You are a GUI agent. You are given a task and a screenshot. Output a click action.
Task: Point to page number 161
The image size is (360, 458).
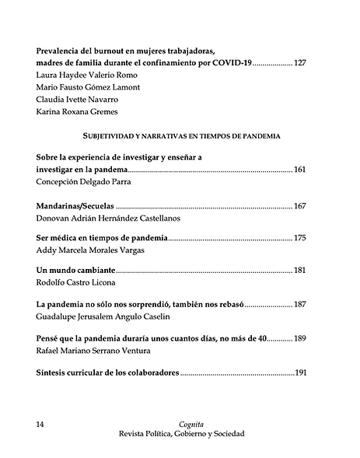(300, 169)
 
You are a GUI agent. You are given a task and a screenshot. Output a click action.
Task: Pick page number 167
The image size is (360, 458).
(300, 206)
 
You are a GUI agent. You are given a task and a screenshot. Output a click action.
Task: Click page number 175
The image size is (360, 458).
(300, 238)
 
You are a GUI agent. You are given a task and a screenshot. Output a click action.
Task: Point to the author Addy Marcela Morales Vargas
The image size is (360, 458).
(90, 250)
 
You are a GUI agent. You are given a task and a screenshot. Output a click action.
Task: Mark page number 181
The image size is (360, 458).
(300, 270)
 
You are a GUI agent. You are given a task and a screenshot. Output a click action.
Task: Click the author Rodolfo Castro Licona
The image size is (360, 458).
(80, 282)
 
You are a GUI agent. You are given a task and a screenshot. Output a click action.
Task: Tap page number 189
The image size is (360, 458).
(301, 339)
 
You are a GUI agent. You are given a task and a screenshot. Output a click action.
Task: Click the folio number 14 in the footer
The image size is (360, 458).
(41, 424)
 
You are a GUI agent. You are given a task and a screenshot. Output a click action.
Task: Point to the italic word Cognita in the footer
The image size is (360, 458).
(180, 424)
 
